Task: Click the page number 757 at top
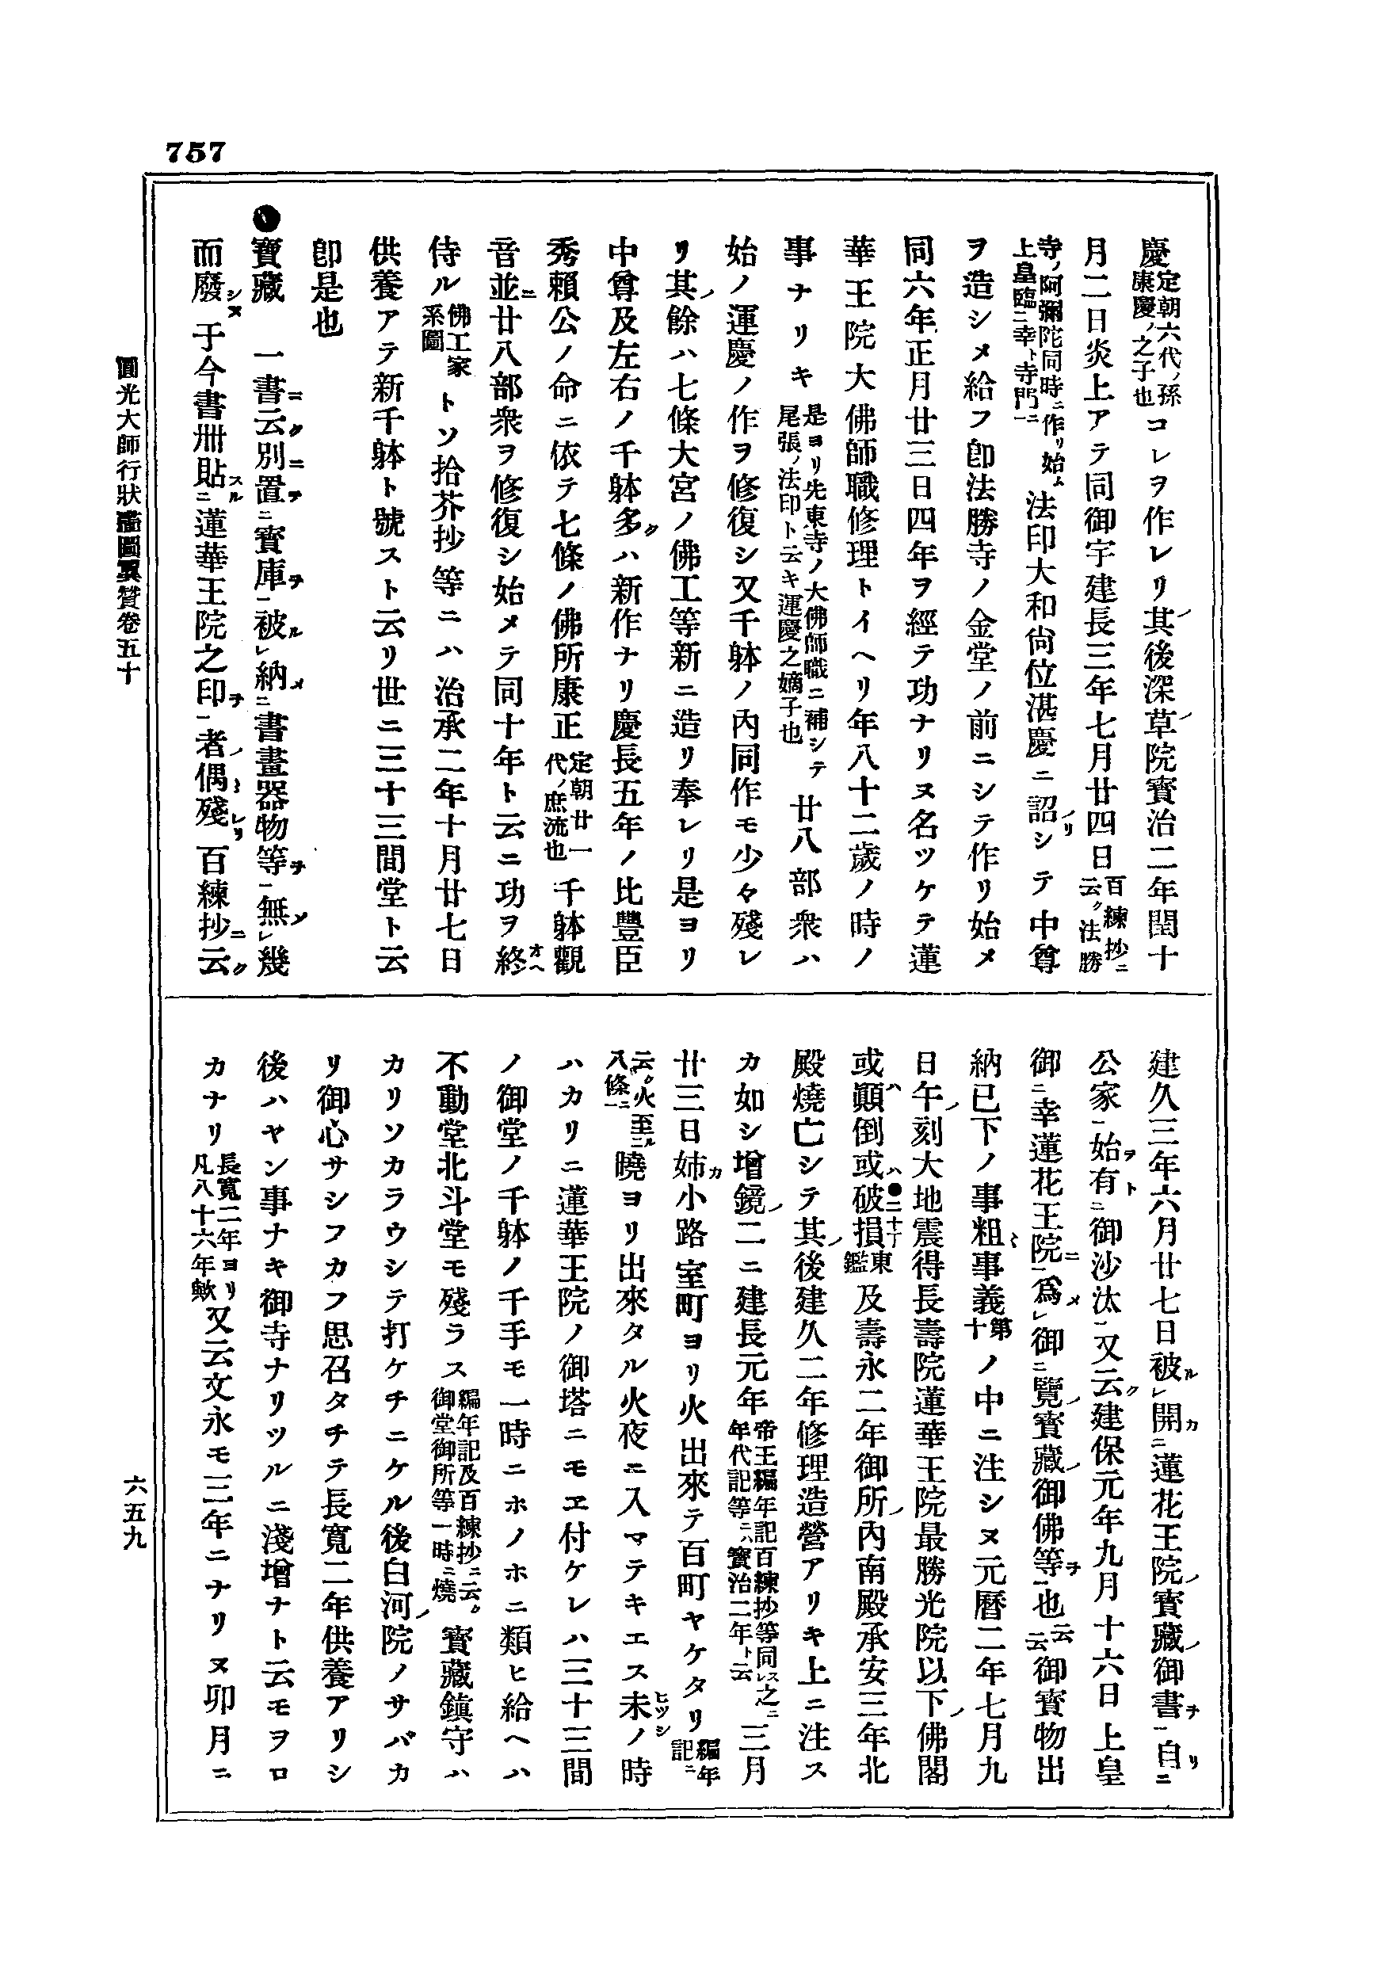(x=196, y=152)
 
